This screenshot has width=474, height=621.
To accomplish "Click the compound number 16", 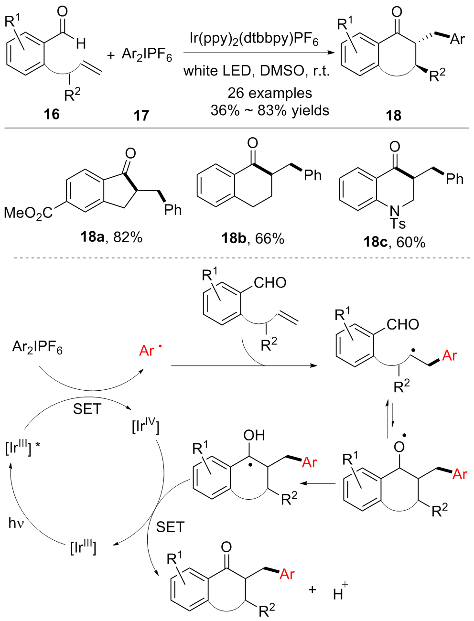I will (52, 115).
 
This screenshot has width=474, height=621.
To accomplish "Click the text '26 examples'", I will (269, 93).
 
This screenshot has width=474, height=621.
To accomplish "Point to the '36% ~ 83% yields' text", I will (269, 111).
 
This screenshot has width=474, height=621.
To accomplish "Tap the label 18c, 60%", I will (394, 242).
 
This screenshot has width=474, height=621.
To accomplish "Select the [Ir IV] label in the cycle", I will (145, 426).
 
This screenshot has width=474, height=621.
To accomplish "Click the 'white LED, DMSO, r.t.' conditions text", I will (257, 72).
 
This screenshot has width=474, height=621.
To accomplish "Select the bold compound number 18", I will (393, 115).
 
